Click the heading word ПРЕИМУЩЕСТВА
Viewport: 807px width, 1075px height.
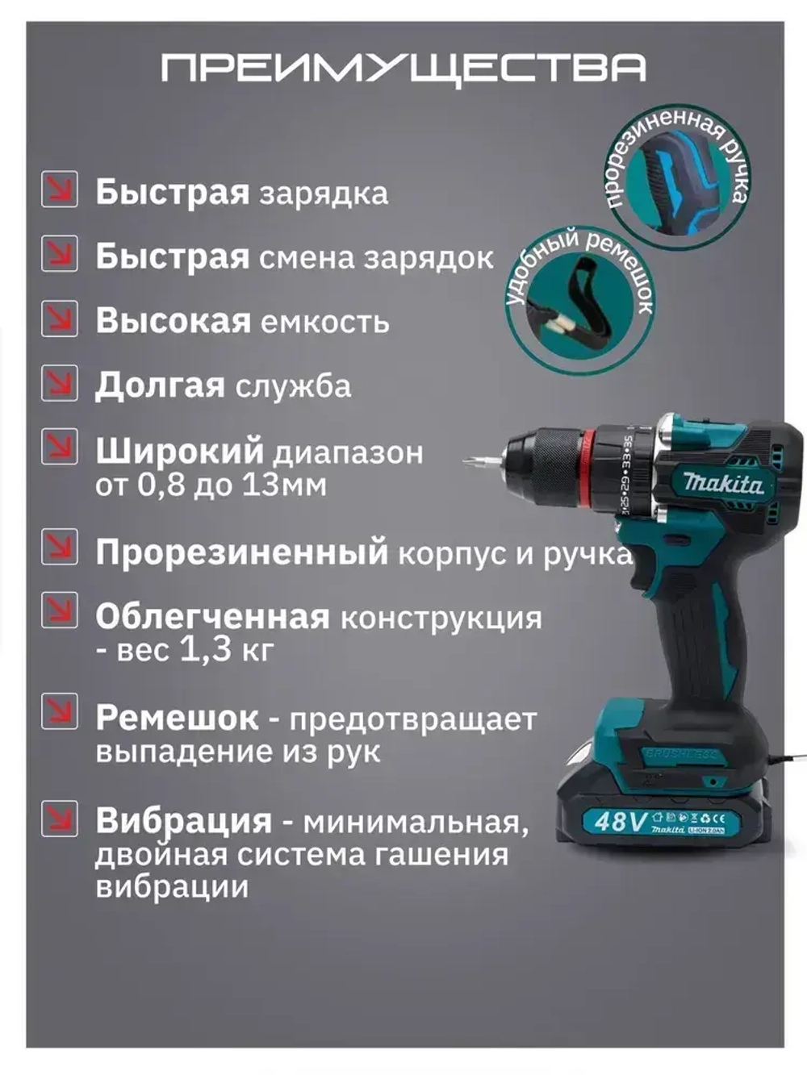pos(403,69)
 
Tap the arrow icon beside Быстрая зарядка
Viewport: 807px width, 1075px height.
pos(60,190)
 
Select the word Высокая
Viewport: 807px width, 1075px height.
pos(173,321)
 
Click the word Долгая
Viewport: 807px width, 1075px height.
pos(159,386)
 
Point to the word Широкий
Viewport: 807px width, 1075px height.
pos(179,451)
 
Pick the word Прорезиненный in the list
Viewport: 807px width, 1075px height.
pos(241,553)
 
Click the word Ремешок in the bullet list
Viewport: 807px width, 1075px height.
pos(177,718)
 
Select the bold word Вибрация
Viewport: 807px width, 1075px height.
pos(183,821)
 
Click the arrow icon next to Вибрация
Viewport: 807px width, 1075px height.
pos(60,818)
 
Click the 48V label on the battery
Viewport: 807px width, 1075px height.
pos(620,821)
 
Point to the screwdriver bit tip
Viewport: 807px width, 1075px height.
pos(471,462)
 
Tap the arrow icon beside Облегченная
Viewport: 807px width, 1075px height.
pos(60,610)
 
